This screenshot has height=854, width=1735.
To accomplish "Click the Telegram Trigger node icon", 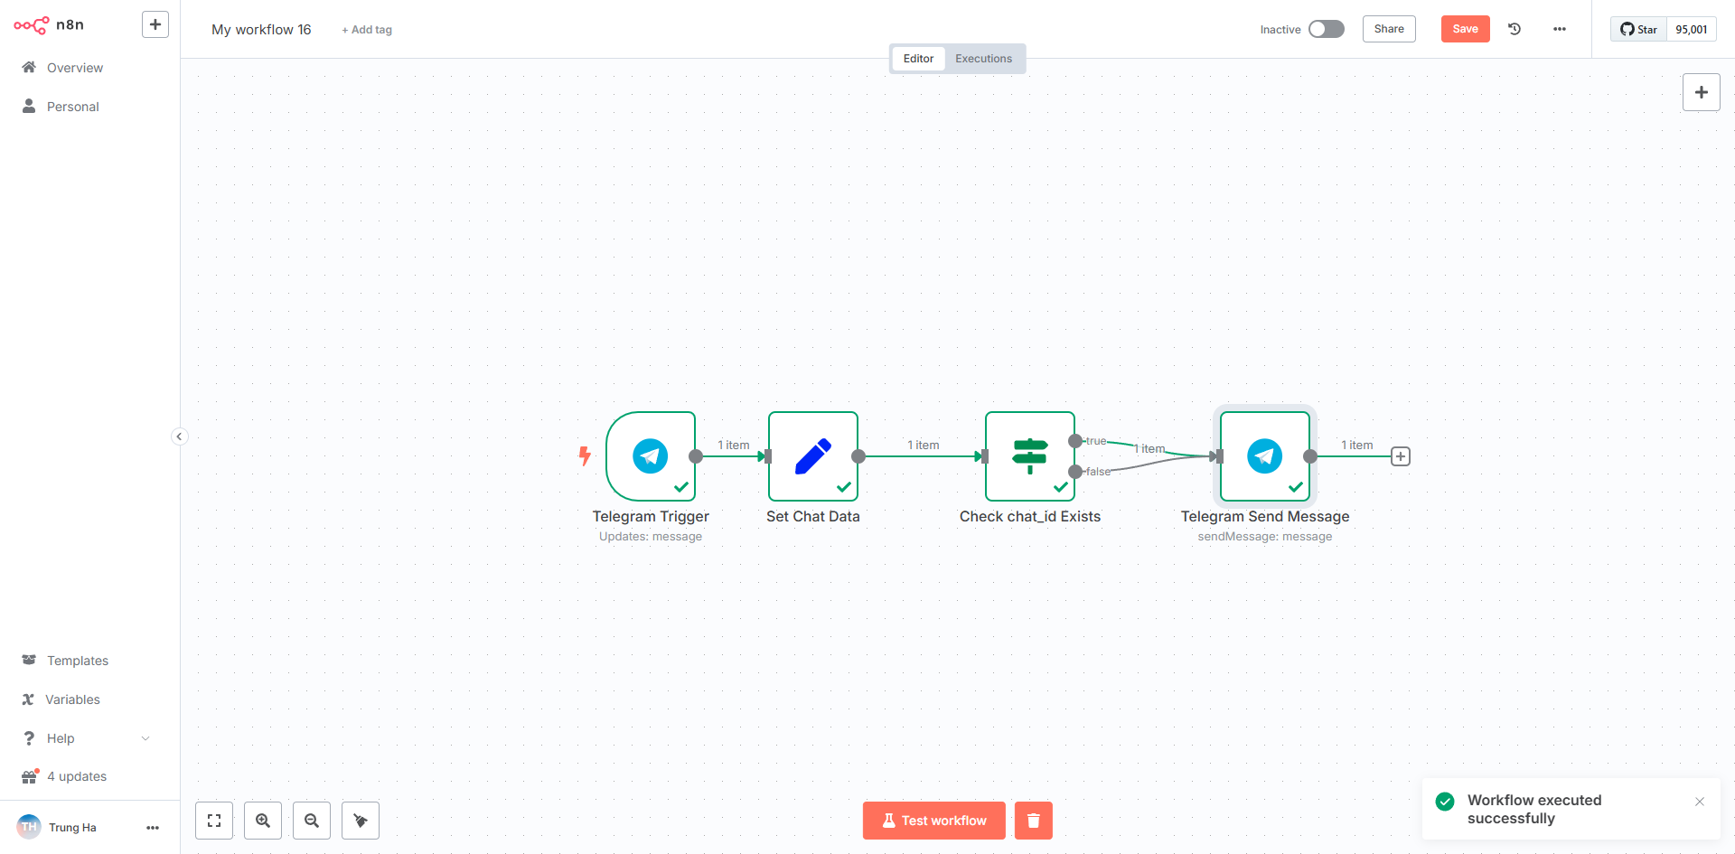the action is coord(651,456).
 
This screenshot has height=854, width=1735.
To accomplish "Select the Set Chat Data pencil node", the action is coord(813,456).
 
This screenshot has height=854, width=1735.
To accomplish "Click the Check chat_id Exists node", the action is coord(1030,456).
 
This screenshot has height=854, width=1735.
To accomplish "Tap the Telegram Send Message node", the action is coord(1265,456).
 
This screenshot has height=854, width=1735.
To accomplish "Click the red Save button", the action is coord(1465,29).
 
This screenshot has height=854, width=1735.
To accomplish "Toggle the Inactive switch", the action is coord(1327,29).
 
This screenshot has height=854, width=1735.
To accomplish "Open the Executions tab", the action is coord(983,59).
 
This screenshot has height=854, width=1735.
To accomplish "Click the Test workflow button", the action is coord(933,821).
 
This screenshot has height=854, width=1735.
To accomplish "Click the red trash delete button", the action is coord(1034,821).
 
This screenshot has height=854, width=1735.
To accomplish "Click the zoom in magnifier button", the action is coord(263,821).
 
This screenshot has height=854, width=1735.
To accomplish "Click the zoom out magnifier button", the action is coord(312,821).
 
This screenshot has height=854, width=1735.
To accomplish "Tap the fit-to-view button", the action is coord(214,821).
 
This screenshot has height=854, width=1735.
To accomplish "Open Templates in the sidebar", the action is coord(77,661).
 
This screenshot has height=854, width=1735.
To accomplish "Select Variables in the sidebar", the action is coord(72,699).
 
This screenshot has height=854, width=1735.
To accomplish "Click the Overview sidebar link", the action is coord(74,68).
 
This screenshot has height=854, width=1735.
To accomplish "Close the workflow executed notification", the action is coord(1700,802).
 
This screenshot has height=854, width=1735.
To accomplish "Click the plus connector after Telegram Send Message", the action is coord(1401,456).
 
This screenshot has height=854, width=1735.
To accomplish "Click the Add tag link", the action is coord(367,30).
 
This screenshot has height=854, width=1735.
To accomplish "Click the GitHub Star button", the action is coord(1638,29).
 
